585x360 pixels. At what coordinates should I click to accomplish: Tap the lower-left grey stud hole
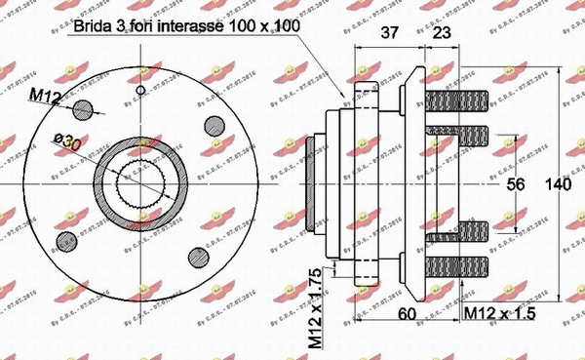pyautogui.click(x=66, y=240)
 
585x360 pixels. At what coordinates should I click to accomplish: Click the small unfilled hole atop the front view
pyautogui.click(x=140, y=91)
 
